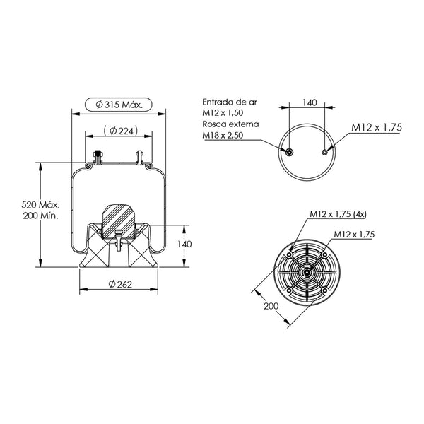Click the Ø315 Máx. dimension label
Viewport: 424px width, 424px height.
[x=119, y=105]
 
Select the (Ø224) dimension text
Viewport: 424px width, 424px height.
[x=121, y=131]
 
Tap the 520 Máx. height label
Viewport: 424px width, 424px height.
[x=40, y=205]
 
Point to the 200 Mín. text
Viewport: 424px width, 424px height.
[x=40, y=216]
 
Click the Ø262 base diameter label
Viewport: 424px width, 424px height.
[x=120, y=284]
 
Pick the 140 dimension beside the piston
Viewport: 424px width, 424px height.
[x=184, y=245]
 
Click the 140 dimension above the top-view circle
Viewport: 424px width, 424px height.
[x=310, y=102]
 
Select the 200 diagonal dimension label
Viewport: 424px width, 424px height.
[x=271, y=306]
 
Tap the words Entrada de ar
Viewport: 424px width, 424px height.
[x=230, y=102]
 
